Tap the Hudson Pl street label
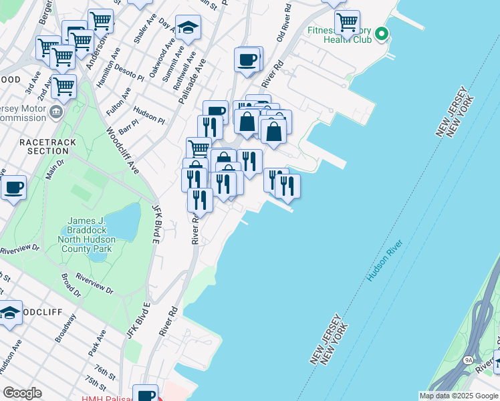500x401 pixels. (148, 114)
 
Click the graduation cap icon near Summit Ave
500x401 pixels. (188, 27)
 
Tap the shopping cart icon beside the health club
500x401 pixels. (347, 22)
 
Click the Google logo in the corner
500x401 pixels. (22, 393)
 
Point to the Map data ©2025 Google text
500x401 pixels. (459, 396)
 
